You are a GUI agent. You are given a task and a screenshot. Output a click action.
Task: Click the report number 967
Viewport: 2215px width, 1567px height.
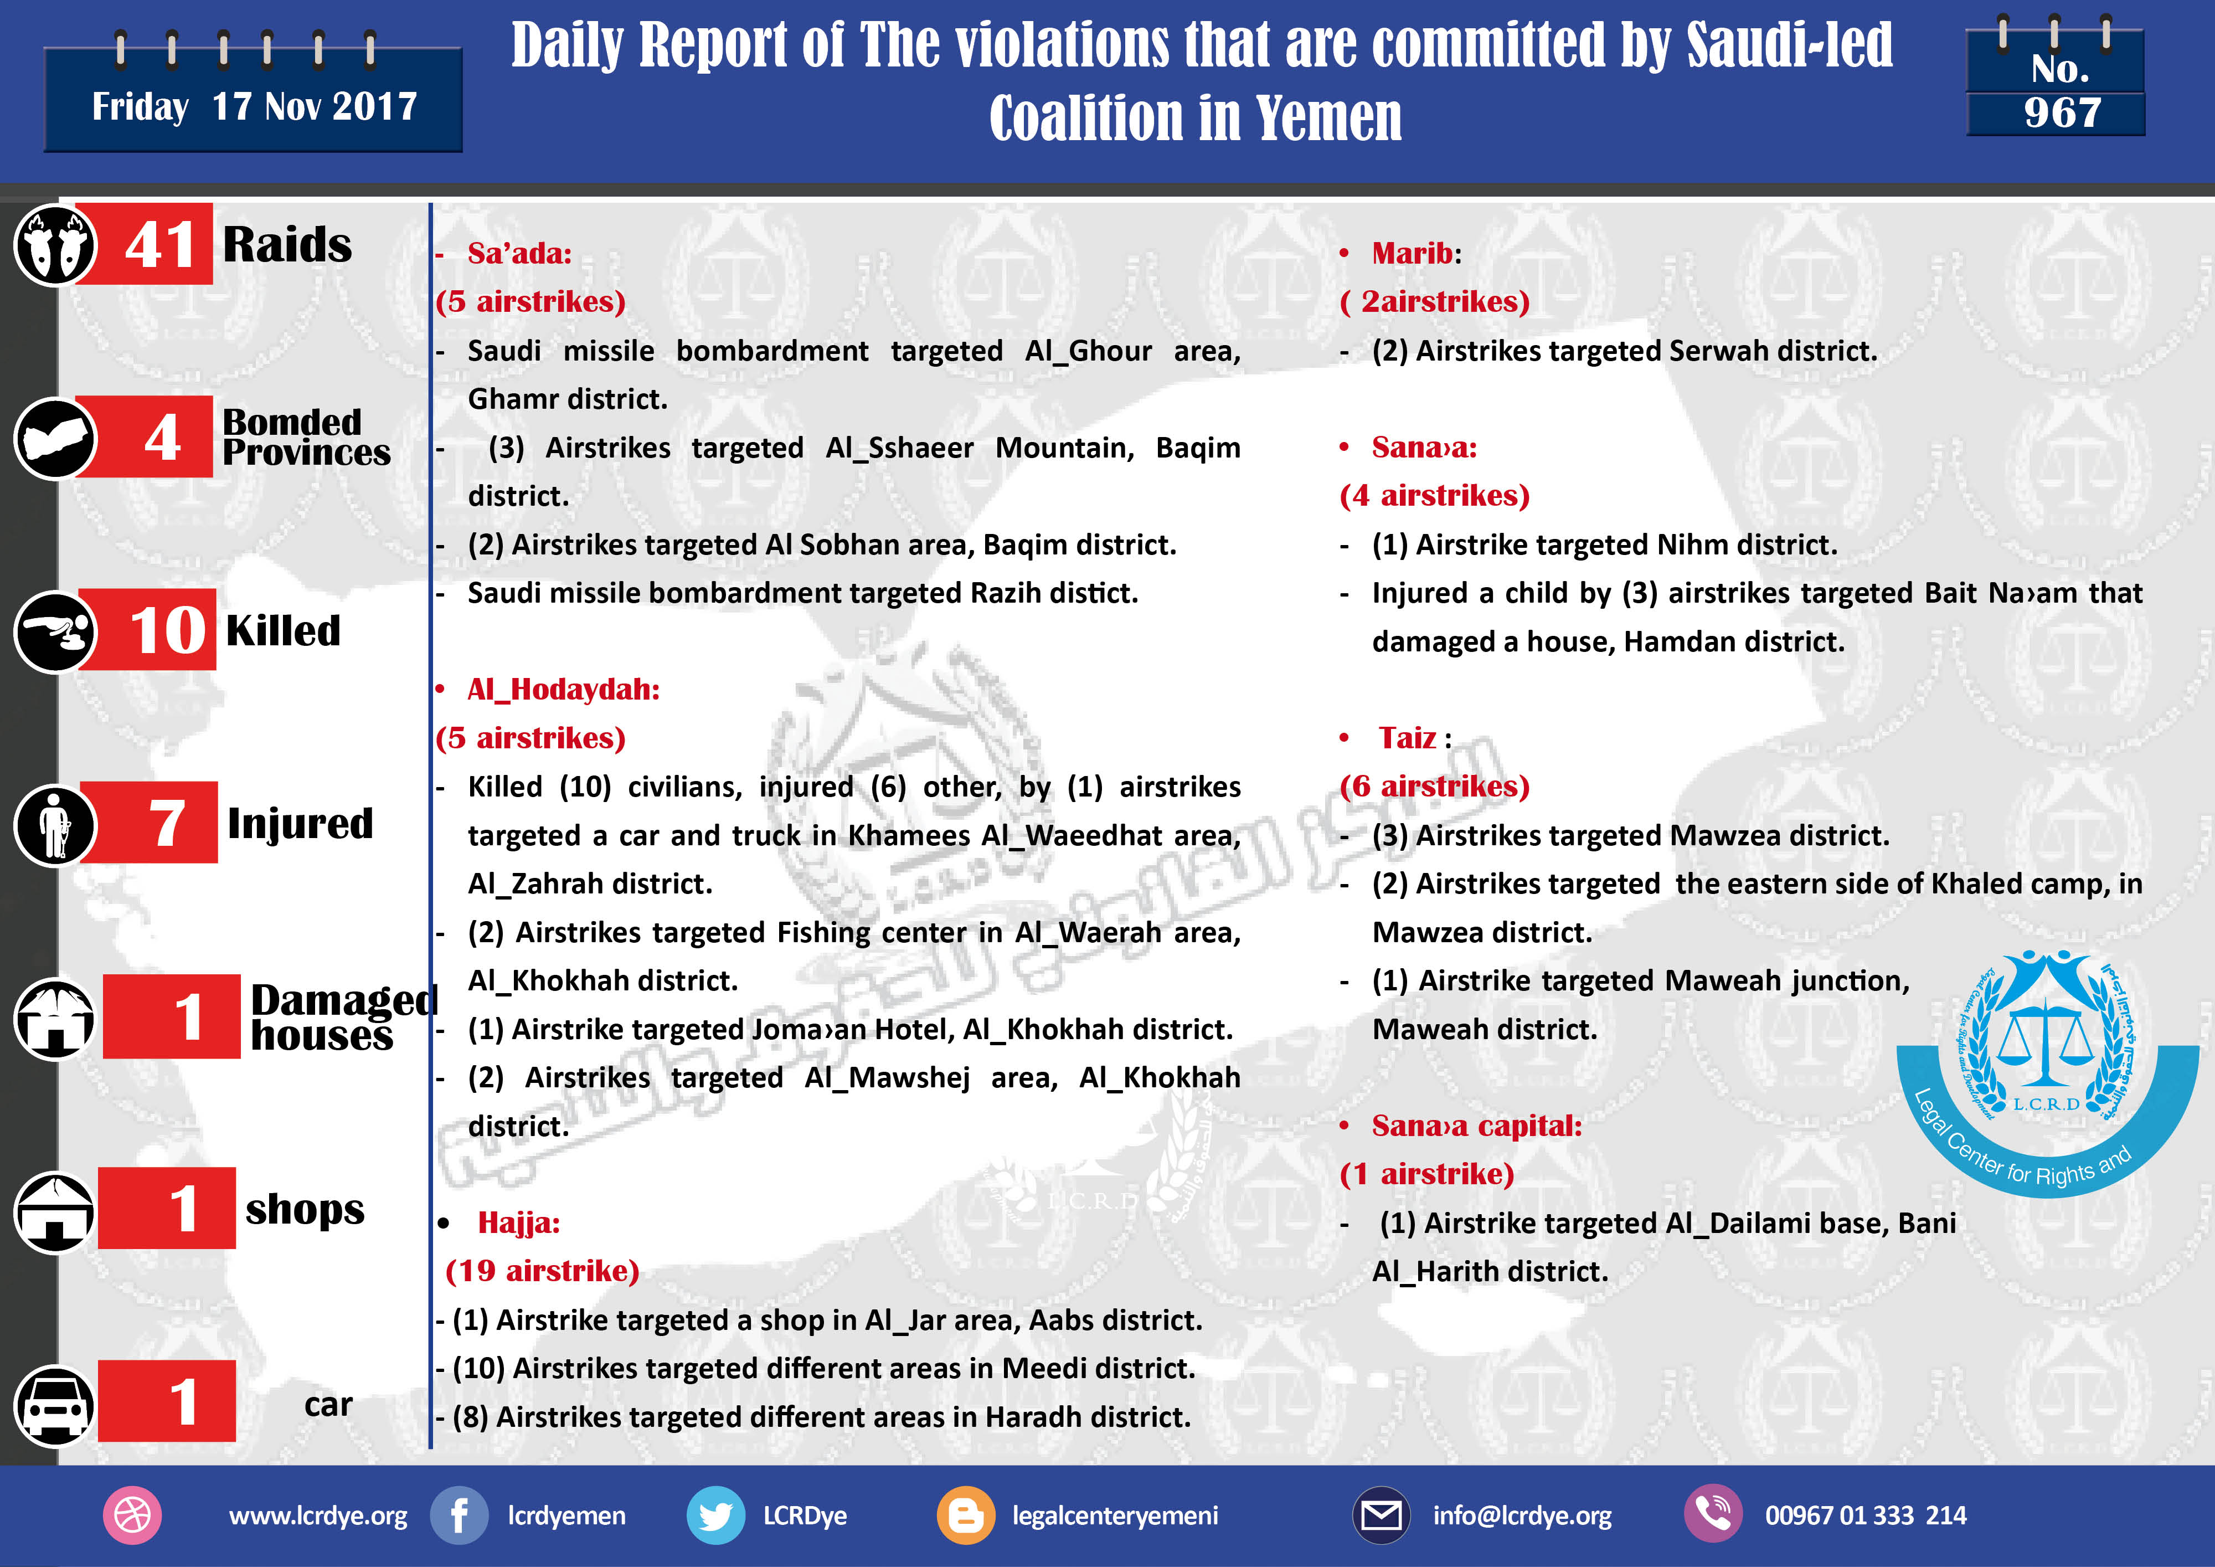pyautogui.click(x=2062, y=113)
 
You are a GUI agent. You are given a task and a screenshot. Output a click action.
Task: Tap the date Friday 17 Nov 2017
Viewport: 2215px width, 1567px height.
pyautogui.click(x=254, y=106)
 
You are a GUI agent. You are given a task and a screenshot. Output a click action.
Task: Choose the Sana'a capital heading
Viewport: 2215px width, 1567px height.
pyautogui.click(x=1476, y=1126)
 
